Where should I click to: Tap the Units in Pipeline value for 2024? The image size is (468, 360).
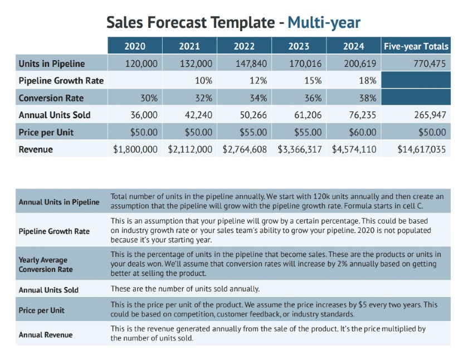pos(360,64)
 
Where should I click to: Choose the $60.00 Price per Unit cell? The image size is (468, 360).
pos(362,133)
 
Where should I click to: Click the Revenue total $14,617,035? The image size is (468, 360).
pos(422,149)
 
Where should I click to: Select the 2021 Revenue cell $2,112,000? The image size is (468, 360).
pos(190,149)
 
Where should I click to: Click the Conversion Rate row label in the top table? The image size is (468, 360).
pos(51,98)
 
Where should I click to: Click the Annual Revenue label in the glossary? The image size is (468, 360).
pos(46,335)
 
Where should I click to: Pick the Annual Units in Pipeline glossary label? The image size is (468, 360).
pos(59,202)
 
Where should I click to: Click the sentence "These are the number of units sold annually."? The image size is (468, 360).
pos(185,289)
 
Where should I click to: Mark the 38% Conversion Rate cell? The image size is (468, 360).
pos(368,98)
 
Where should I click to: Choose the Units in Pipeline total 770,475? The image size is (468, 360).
pos(429,64)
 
